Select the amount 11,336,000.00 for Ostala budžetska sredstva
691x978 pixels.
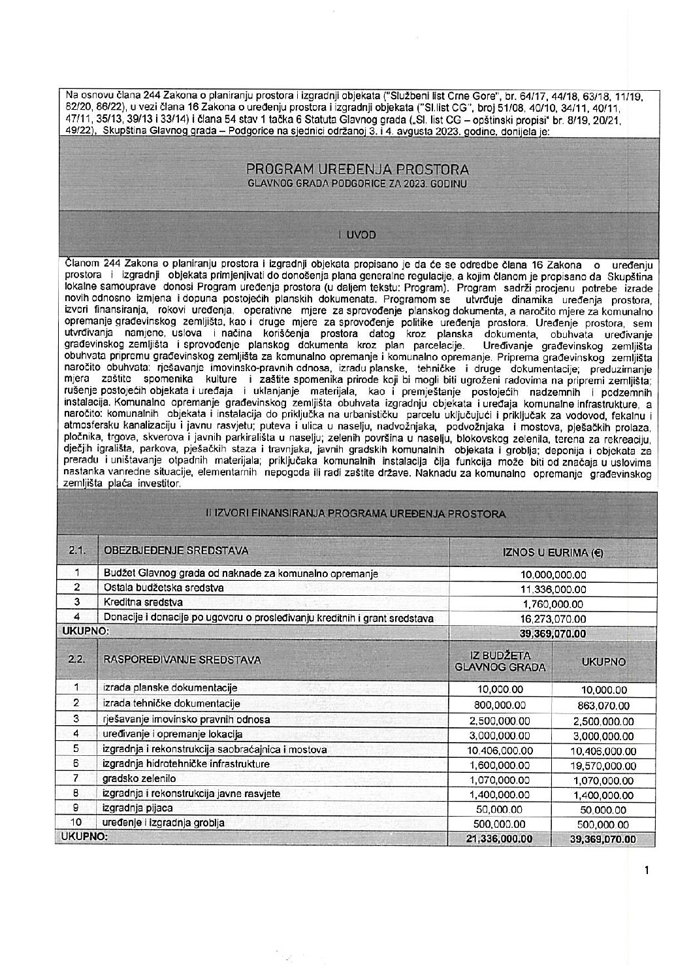pos(553,589)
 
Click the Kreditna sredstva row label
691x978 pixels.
pos(143,602)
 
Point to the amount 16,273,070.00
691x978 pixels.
pos(553,618)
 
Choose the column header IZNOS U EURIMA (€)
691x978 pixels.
pos(553,552)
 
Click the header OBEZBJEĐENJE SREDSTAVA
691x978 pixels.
pos(176,551)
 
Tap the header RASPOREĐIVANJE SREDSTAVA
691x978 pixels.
pos(182,660)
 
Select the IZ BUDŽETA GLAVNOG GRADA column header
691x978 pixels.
pos(500,660)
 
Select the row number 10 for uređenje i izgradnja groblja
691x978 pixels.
pos(76,824)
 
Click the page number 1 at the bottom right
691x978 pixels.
pos(646,870)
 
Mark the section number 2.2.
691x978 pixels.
pos(76,660)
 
